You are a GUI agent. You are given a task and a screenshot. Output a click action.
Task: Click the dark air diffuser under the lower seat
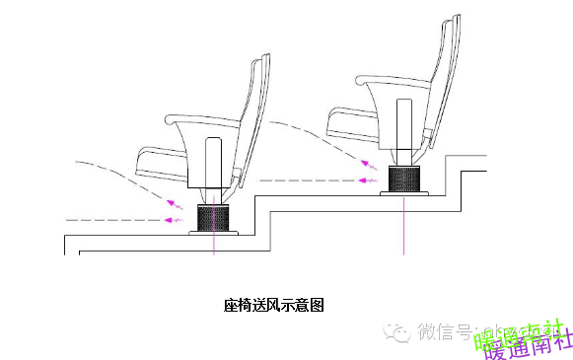click(214, 218)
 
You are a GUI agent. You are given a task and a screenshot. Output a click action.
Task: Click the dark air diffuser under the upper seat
click(404, 180)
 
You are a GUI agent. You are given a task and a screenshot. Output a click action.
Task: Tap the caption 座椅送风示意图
click(273, 305)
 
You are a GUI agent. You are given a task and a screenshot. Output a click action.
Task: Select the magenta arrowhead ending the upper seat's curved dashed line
click(368, 165)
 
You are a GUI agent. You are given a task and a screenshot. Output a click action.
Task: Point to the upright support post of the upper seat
click(404, 126)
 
